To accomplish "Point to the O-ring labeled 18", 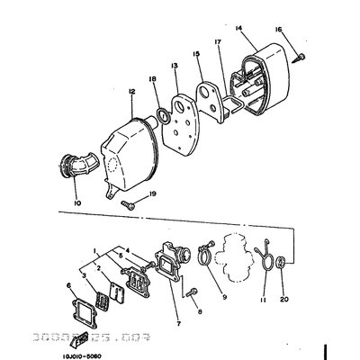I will click(x=160, y=116).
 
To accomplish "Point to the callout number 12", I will click(x=131, y=92).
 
